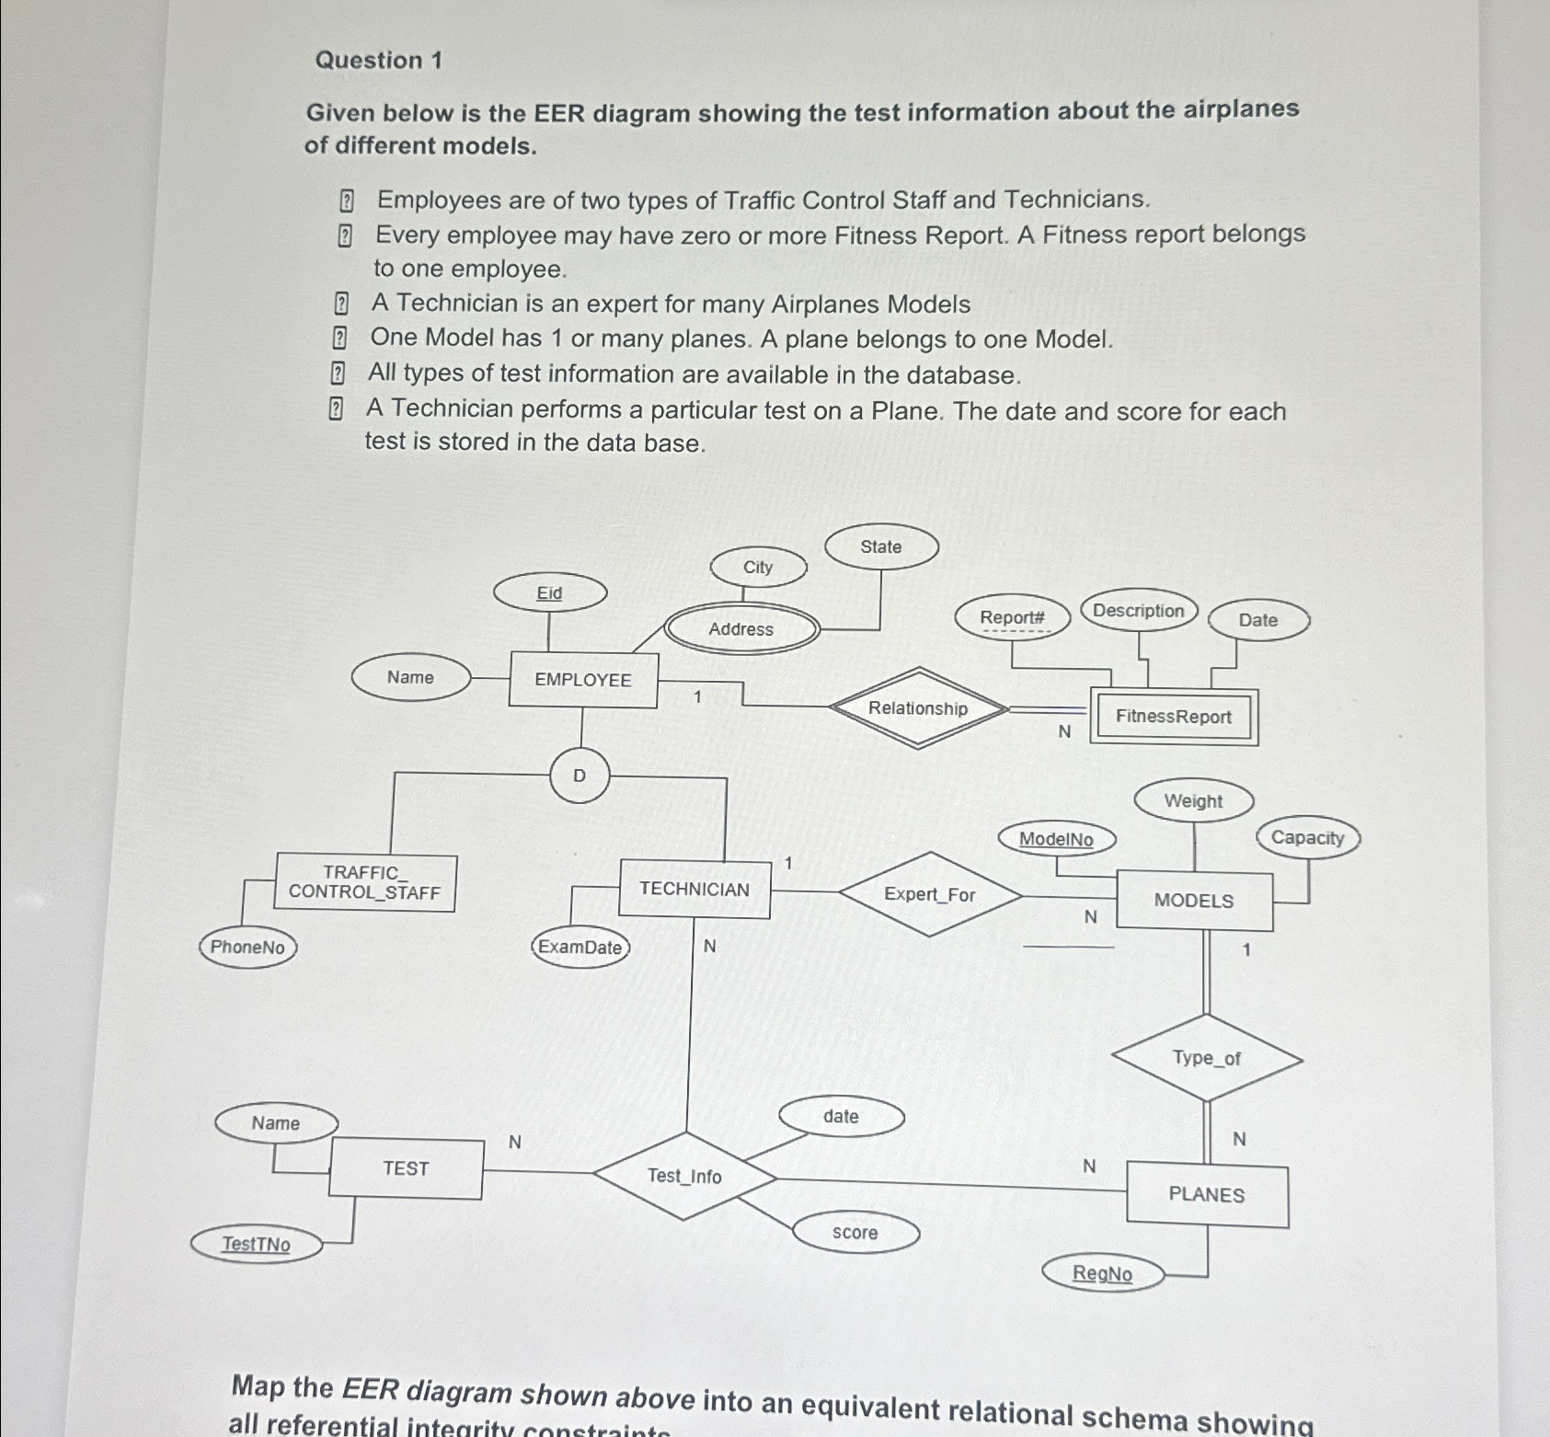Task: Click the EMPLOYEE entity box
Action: (x=583, y=680)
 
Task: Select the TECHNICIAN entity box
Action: (x=695, y=889)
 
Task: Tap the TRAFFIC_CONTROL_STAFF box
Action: (x=364, y=882)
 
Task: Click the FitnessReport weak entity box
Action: (x=1173, y=717)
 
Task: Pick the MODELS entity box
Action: (x=1194, y=901)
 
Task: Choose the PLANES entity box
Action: (x=1207, y=1195)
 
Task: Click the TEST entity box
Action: (x=406, y=1168)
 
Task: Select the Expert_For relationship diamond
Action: (x=930, y=894)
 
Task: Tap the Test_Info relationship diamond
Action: (x=684, y=1176)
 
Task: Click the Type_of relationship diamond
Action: (x=1207, y=1058)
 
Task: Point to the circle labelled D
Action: (x=580, y=776)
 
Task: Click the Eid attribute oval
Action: (x=550, y=593)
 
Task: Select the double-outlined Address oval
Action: (x=741, y=629)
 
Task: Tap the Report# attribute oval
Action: (x=1012, y=617)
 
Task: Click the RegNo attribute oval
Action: (x=1102, y=1274)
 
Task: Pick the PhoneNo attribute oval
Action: (x=247, y=948)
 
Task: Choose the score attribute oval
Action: (x=855, y=1233)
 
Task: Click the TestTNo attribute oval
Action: (x=257, y=1245)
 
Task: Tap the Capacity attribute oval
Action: (x=1307, y=838)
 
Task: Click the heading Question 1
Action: (x=379, y=61)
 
